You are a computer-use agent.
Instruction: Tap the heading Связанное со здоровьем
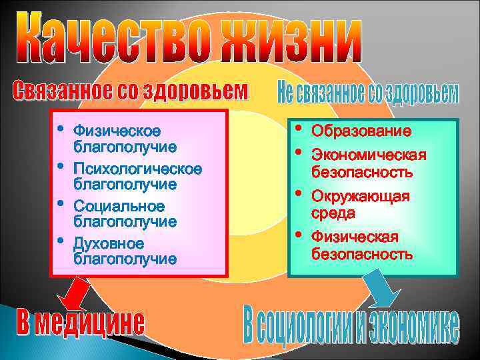(131, 93)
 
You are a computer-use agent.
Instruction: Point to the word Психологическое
(137, 167)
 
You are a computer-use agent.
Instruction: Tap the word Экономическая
(369, 156)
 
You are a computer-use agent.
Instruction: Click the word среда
(334, 213)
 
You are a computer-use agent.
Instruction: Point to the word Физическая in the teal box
(355, 237)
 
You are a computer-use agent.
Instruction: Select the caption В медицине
(81, 323)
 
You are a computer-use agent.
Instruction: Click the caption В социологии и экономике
(351, 326)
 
